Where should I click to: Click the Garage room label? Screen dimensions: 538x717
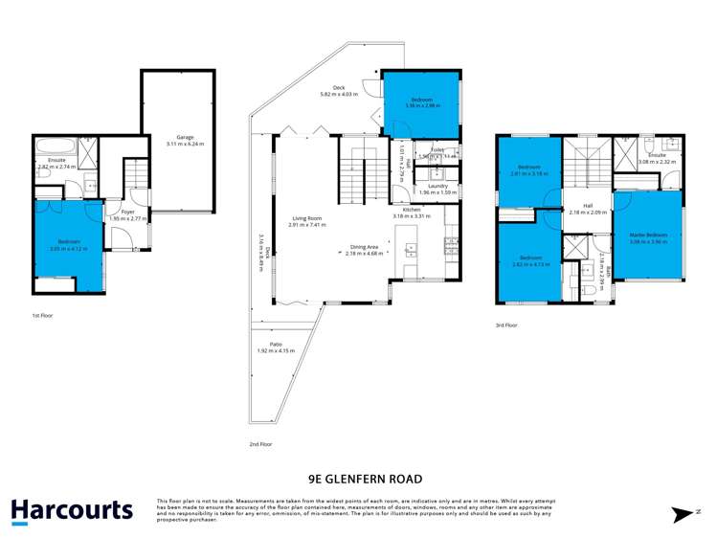(177, 138)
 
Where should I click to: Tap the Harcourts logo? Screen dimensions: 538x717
(72, 509)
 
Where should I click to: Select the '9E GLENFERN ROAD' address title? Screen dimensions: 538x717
(358, 478)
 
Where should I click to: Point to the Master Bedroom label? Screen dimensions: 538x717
(648, 235)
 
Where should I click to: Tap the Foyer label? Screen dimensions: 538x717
(127, 212)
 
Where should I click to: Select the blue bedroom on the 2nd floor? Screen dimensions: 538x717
(421, 103)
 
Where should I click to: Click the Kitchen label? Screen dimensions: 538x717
(412, 209)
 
